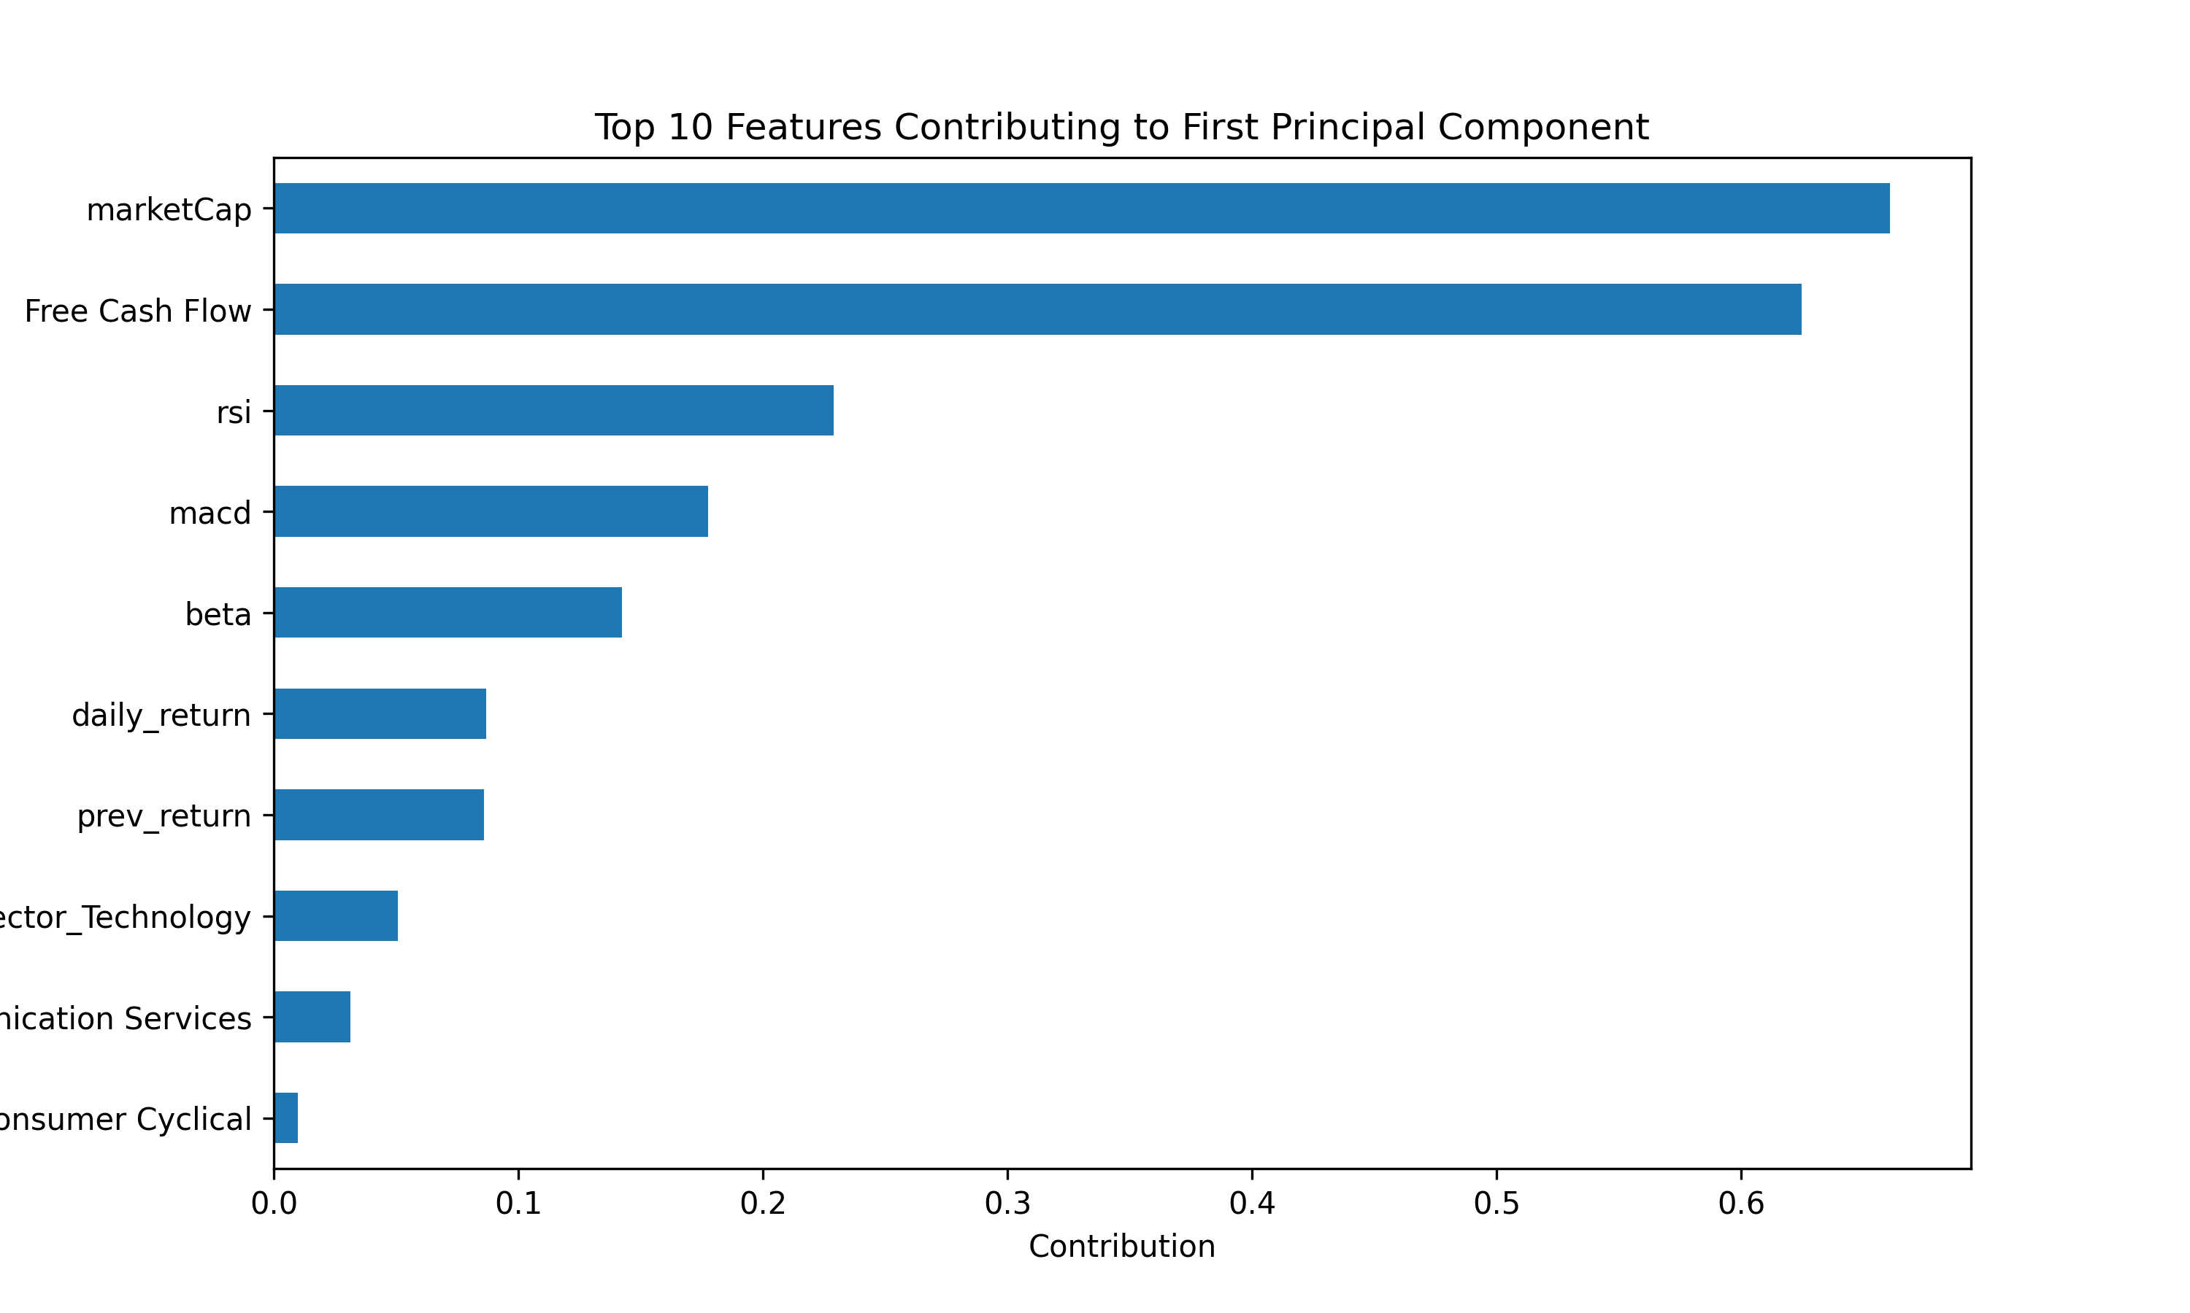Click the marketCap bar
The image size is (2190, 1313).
(1081, 209)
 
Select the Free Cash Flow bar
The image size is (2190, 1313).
(1037, 310)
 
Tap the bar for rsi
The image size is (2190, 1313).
(553, 411)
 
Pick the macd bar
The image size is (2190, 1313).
(491, 511)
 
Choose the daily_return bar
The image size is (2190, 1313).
(380, 714)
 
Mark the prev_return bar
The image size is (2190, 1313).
(379, 815)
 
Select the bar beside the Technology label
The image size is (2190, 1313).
(336, 915)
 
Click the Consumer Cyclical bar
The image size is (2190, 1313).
(286, 1118)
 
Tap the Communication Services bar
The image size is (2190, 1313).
(312, 1017)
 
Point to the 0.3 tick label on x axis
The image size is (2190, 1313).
(1007, 1204)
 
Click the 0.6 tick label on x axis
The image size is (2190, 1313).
(1741, 1204)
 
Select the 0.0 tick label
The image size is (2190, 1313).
(274, 1204)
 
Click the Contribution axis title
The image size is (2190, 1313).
(1121, 1247)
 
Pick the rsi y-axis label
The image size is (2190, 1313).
(234, 412)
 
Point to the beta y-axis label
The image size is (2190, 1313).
(218, 614)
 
